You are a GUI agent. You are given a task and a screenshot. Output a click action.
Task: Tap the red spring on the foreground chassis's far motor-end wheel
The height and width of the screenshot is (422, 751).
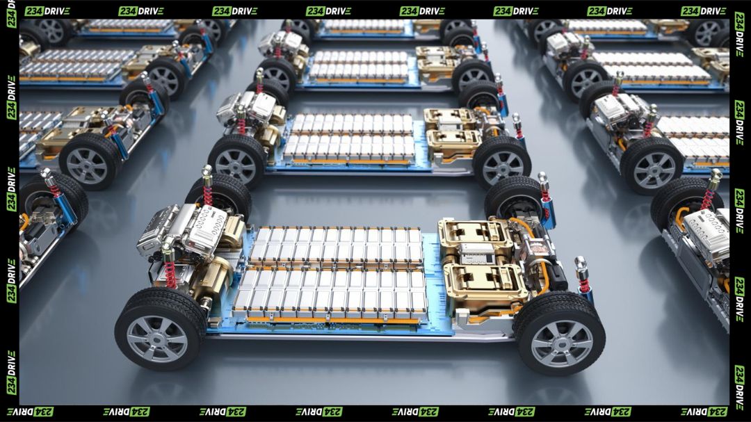207,195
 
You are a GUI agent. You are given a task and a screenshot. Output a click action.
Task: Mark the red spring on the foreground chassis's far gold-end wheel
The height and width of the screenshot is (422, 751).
545,194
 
